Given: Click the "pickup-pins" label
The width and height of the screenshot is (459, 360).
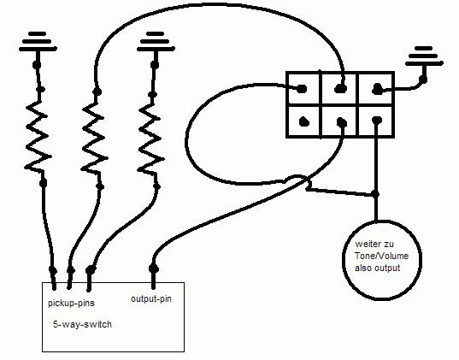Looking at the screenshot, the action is tap(72, 303).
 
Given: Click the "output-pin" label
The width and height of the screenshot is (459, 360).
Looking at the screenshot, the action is tap(151, 299).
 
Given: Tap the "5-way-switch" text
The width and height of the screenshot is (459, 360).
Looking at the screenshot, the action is tap(82, 324).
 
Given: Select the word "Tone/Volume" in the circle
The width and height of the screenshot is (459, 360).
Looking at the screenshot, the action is tap(382, 256).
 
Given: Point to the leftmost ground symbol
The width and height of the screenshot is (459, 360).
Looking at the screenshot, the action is tap(38, 42).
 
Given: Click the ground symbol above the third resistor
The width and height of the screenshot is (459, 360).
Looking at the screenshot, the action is tap(156, 42).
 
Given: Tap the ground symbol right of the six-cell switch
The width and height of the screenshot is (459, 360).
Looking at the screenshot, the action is tap(424, 56).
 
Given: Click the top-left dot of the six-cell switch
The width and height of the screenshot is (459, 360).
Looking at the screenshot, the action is tap(302, 88).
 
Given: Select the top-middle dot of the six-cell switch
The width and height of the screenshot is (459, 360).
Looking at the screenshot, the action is tap(340, 88).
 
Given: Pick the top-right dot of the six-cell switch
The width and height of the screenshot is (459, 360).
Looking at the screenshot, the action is tap(377, 88).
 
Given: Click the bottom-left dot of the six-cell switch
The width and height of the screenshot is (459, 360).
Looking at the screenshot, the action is tap(304, 121).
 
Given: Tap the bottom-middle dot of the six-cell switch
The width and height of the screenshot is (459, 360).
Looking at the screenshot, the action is tap(342, 122).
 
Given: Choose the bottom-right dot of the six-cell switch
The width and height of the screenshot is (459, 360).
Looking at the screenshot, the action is tap(377, 120).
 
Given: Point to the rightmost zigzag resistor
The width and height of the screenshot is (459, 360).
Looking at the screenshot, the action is tap(150, 139).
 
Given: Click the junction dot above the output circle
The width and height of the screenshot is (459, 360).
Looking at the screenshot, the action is tap(376, 194).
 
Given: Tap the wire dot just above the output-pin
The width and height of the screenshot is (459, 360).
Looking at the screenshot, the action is tap(154, 269).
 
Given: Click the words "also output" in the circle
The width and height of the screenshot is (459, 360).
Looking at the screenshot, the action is tap(377, 268).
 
